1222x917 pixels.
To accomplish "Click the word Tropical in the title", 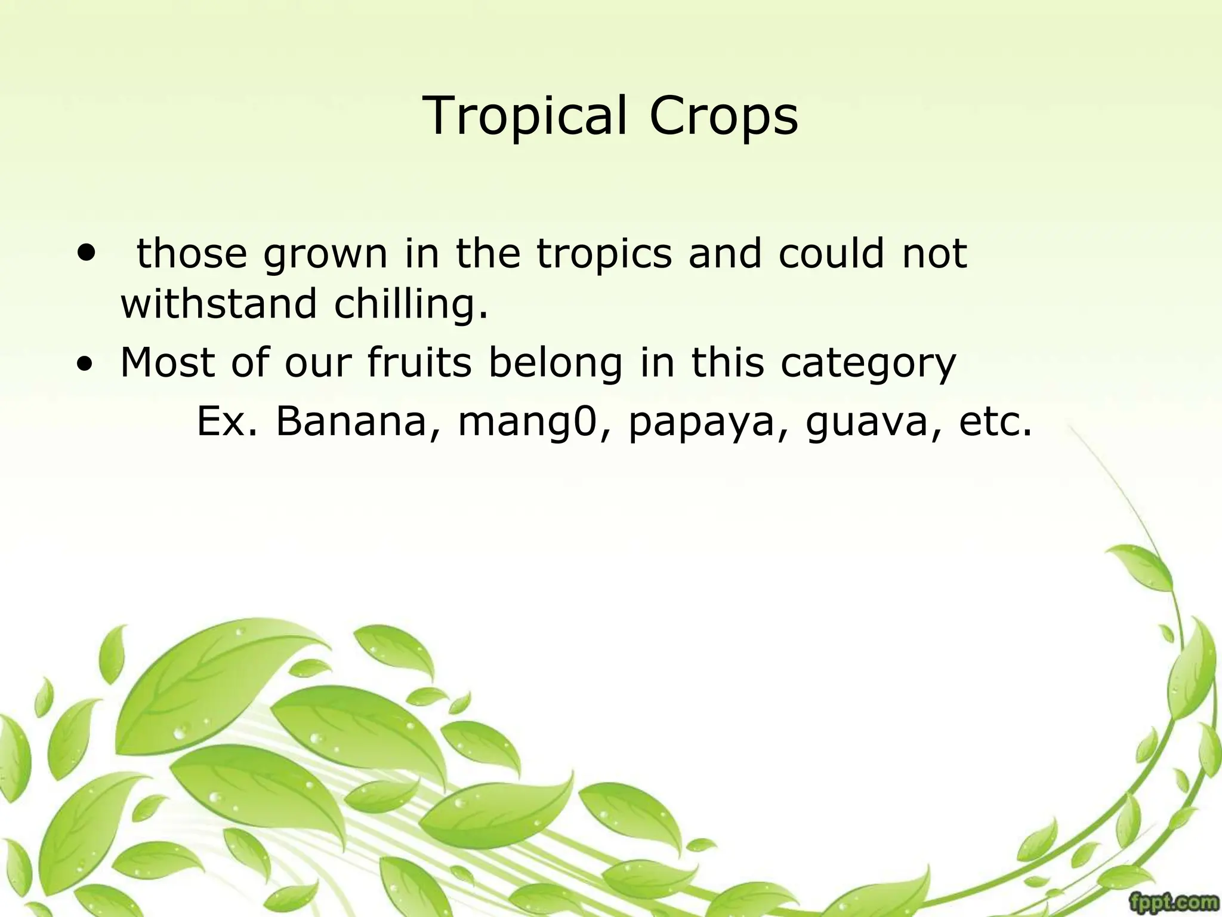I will coord(525,116).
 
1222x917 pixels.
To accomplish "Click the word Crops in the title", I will coord(723,116).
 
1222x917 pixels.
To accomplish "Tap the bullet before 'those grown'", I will coord(87,253).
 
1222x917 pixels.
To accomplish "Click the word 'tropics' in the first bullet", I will coord(604,254).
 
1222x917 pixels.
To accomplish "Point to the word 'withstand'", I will coord(218,304).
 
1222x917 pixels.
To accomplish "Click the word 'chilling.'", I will coord(411,304).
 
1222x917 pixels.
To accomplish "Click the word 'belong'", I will coord(555,364).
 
